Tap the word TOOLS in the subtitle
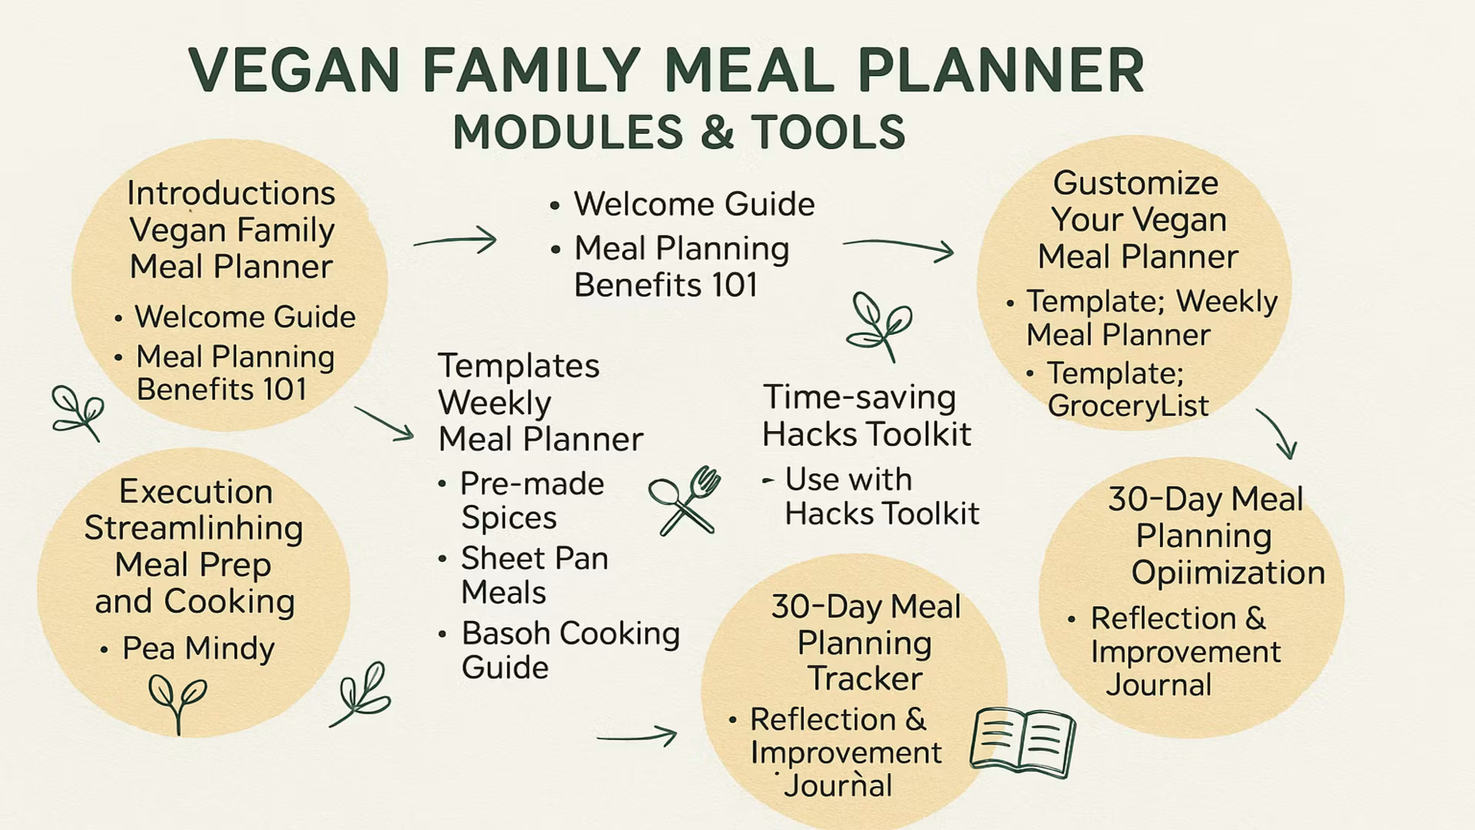(x=828, y=132)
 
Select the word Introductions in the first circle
(x=230, y=193)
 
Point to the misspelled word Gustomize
(x=1135, y=184)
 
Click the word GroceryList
(x=1128, y=406)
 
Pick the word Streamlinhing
(x=194, y=529)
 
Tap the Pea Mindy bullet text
(x=198, y=649)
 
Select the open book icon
(x=1023, y=742)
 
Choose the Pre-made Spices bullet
(x=532, y=500)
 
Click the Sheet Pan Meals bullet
(x=534, y=575)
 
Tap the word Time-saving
(x=859, y=398)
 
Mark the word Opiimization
(x=1228, y=573)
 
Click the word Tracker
(x=864, y=679)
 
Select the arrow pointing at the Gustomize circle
(x=899, y=247)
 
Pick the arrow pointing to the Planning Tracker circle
(x=637, y=736)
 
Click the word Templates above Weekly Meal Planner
(x=519, y=367)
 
